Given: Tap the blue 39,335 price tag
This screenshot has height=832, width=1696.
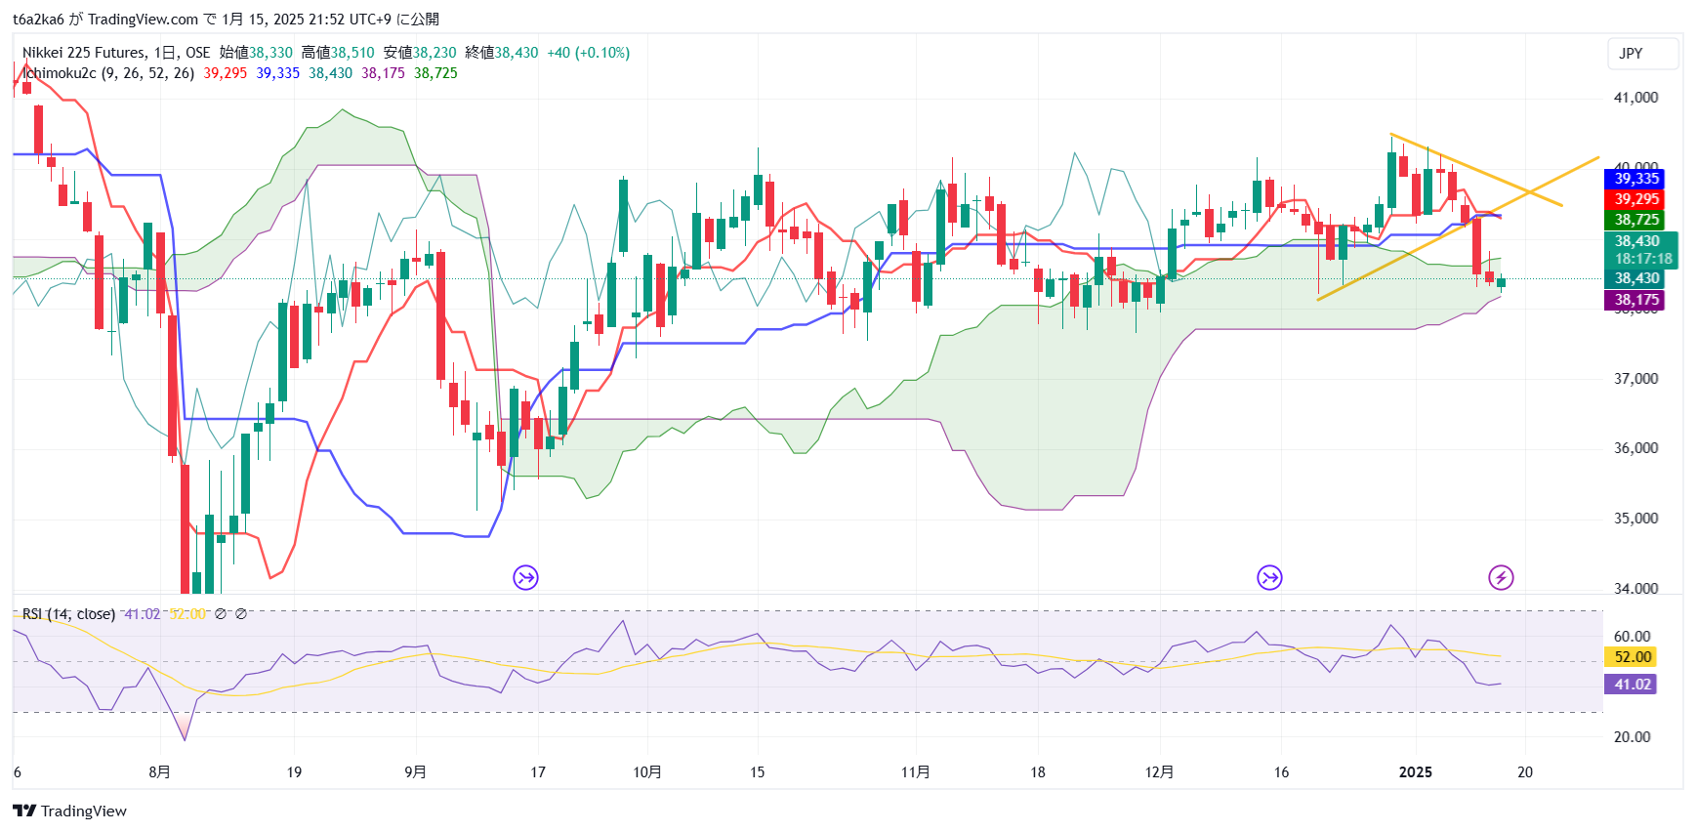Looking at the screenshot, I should (1635, 179).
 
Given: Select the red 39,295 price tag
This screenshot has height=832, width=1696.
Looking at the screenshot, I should (1635, 199).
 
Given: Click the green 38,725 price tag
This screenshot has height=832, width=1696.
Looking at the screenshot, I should (1635, 220).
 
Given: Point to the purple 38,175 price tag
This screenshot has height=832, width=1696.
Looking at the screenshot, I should (1635, 300).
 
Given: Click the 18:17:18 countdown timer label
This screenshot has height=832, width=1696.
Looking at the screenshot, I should (1642, 259).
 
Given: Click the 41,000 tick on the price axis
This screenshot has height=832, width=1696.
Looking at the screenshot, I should (1635, 98).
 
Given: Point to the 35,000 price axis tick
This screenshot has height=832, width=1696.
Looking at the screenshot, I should (1635, 519).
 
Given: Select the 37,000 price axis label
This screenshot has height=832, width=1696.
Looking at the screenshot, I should (1635, 379).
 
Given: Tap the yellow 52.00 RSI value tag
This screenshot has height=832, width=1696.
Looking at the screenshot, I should (1632, 657).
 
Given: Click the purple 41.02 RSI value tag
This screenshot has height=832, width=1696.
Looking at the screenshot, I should (1632, 685).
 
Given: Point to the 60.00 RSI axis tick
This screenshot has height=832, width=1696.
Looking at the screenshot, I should (1632, 636).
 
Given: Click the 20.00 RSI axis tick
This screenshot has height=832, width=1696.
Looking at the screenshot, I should (1632, 737).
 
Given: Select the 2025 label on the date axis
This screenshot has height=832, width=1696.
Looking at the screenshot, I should (1415, 772).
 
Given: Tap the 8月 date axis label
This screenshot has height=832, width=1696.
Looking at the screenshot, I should (159, 772).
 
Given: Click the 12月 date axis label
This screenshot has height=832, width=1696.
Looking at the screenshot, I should (1159, 772).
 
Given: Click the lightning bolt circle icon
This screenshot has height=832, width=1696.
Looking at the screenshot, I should (1501, 578).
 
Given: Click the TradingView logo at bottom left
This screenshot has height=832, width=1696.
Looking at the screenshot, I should (69, 811).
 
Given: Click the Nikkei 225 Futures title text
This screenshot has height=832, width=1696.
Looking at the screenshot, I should (84, 53).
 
